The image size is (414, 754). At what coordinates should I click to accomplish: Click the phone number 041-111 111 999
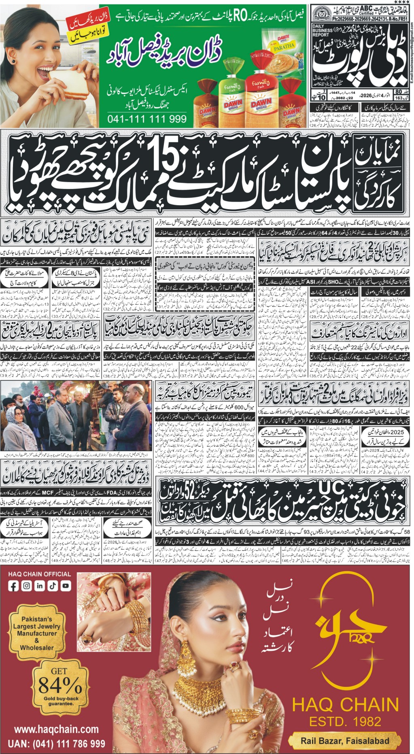coord(147,119)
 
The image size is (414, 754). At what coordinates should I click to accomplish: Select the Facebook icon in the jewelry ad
coord(14,586)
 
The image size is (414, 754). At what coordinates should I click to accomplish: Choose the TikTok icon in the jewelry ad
coord(53,586)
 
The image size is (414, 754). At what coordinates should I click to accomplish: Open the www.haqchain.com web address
coord(56,729)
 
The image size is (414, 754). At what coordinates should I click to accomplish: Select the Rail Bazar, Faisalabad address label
coord(345,741)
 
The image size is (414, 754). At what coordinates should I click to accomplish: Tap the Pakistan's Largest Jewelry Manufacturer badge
coord(37,633)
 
